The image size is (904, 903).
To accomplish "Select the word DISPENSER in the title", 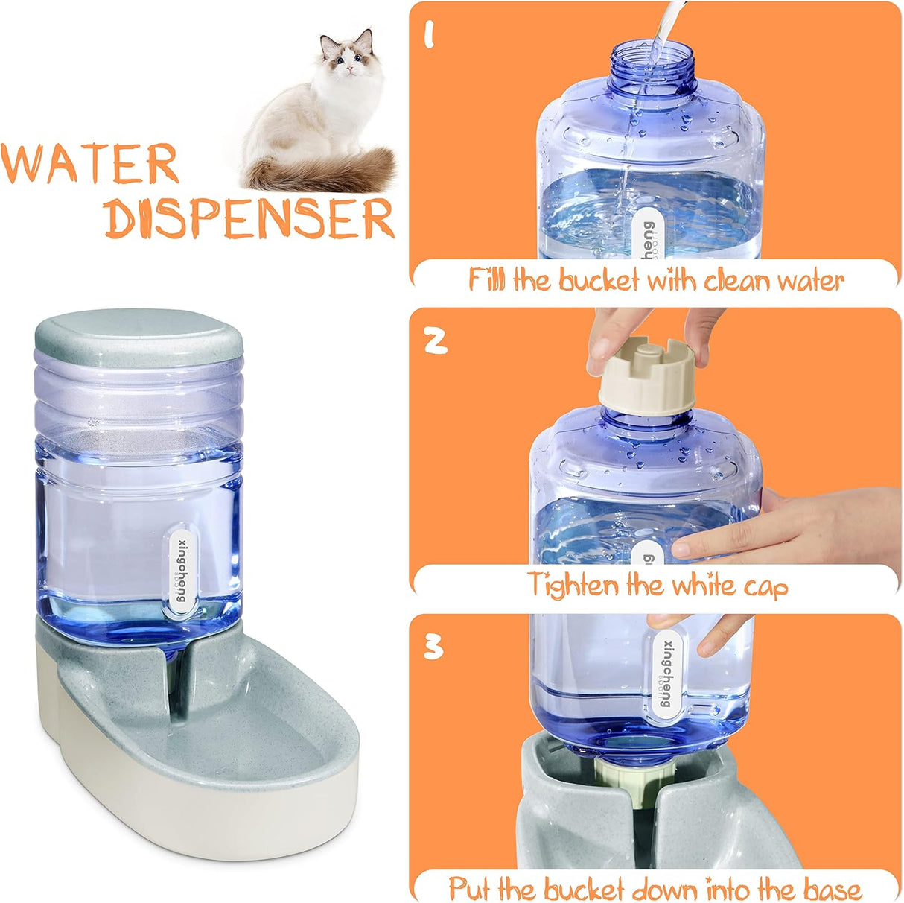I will (249, 218).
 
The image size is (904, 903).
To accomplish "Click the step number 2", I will (436, 340).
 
